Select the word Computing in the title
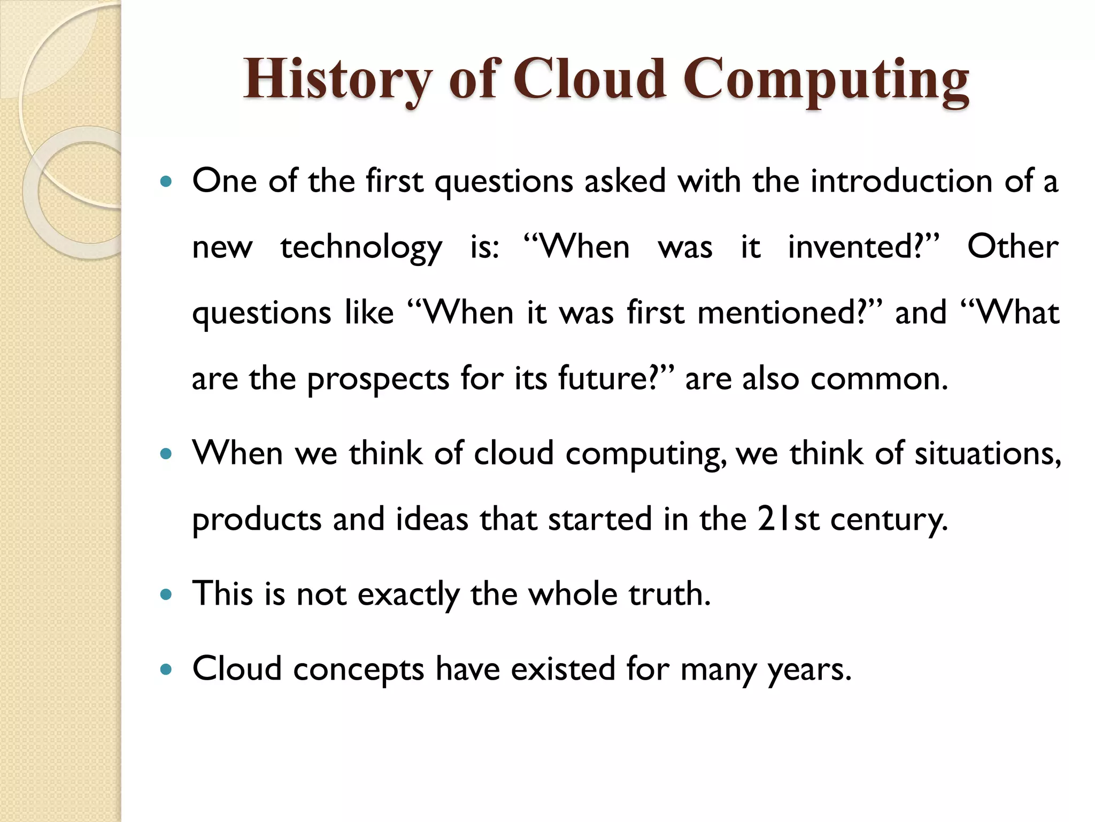point(826,80)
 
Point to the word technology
point(361,248)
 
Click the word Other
point(1013,247)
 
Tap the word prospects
point(378,379)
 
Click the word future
point(603,379)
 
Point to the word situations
point(987,454)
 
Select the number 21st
point(788,519)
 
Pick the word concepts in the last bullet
point(358,670)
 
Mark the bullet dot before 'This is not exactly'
point(166,595)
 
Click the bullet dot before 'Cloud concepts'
point(166,669)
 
